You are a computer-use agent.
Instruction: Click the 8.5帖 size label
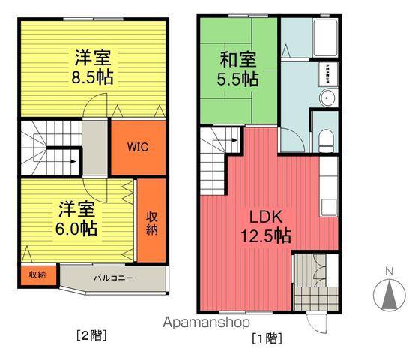click(x=94, y=76)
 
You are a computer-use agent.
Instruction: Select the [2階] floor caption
click(x=91, y=335)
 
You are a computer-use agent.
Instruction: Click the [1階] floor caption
click(x=267, y=337)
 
